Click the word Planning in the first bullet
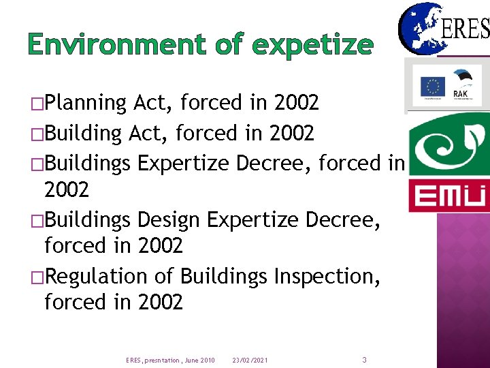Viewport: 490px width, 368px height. tap(86, 103)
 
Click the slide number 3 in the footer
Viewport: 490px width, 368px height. tap(364, 359)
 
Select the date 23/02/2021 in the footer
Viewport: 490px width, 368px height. tap(250, 360)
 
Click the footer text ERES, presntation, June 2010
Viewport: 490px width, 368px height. tap(170, 360)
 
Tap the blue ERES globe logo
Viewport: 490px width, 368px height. tap(417, 29)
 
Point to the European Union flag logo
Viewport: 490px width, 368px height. tap(432, 87)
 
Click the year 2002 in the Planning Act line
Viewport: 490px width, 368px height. tap(296, 103)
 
